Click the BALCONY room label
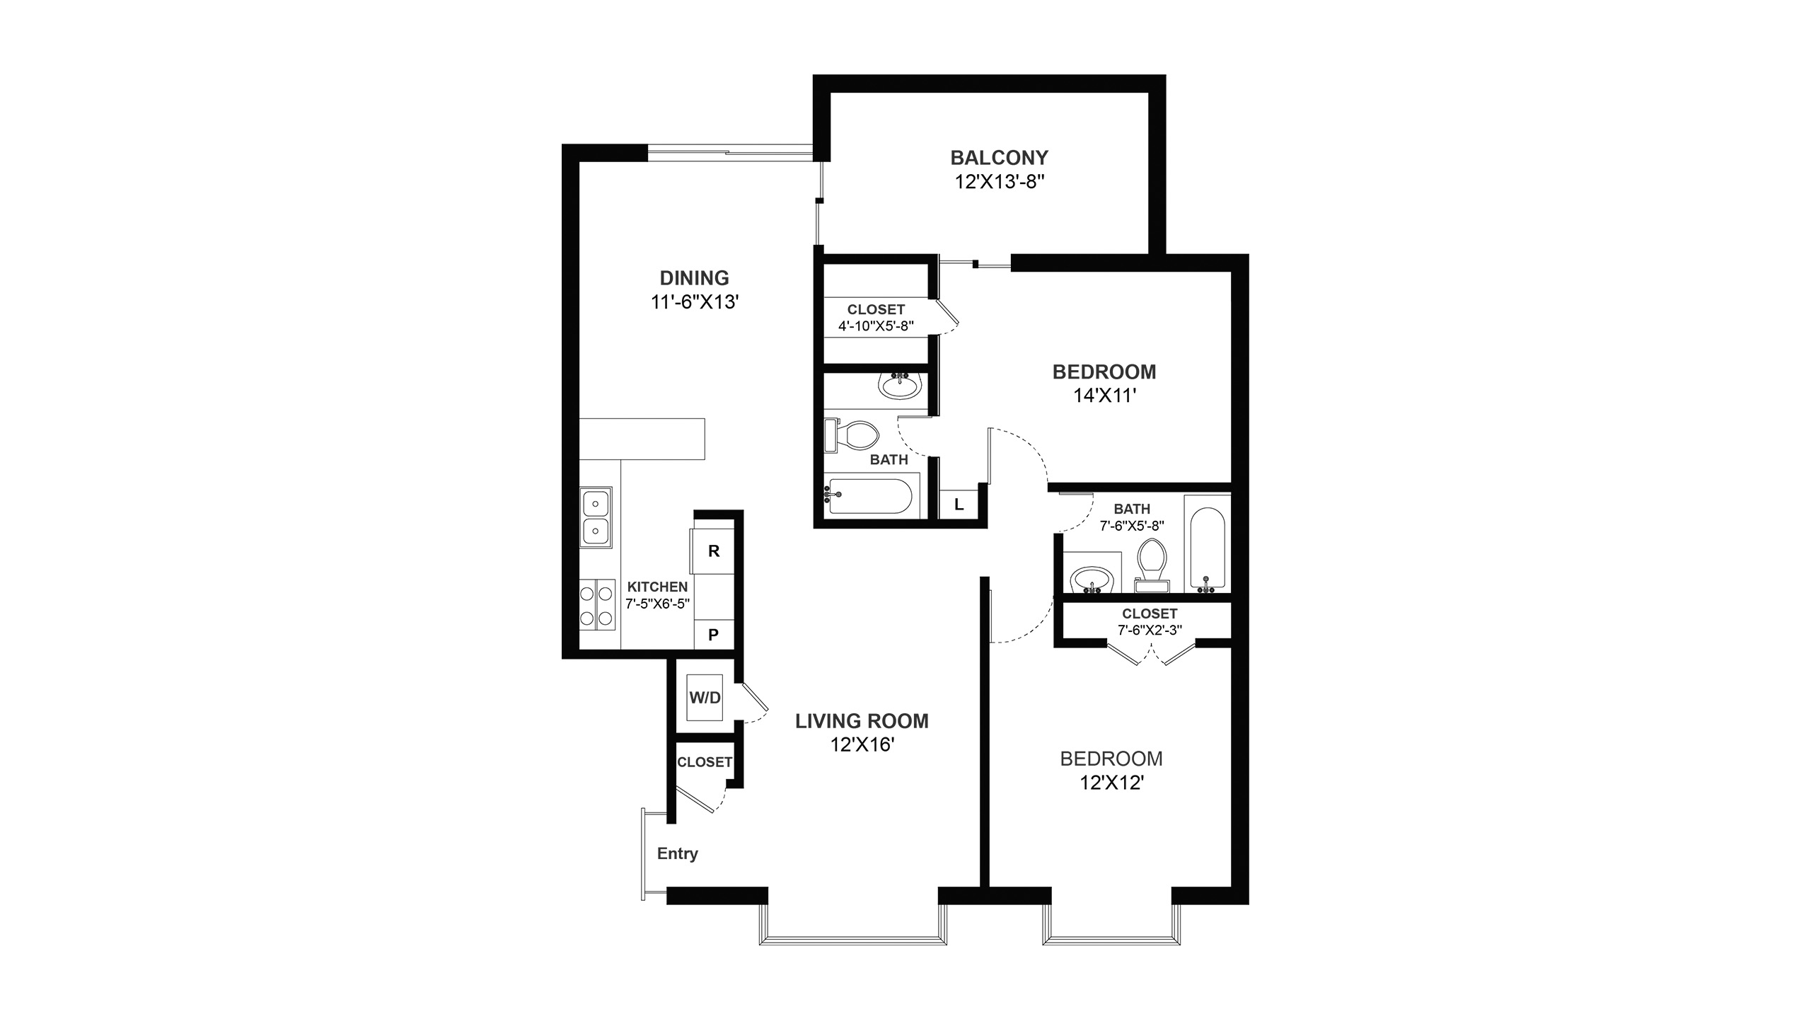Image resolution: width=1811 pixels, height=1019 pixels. point(999,157)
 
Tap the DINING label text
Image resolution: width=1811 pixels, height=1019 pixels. point(694,278)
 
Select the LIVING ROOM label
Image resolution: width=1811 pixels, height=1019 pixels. point(862,721)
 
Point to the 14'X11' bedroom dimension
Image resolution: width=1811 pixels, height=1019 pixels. point(1104,396)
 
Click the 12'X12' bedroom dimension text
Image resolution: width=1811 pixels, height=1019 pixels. point(1112,783)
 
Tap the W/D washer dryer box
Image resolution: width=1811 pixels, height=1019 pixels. point(705,698)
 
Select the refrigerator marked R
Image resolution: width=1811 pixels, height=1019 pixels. point(713,551)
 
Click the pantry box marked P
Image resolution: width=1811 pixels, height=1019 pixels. point(713,635)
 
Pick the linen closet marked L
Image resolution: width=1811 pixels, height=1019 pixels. point(959,505)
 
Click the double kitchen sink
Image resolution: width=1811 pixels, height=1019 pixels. point(596,517)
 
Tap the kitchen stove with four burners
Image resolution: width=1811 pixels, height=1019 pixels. point(596,604)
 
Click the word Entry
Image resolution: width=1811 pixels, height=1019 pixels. point(677,853)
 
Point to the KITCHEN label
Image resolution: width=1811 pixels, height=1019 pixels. point(657,587)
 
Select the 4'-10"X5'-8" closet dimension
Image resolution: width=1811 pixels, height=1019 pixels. point(876,326)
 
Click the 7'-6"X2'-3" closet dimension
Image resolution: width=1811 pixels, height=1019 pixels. point(1150,630)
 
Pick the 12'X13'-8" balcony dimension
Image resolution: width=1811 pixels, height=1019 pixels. point(999,182)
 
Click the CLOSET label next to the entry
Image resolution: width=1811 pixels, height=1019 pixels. point(704,762)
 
